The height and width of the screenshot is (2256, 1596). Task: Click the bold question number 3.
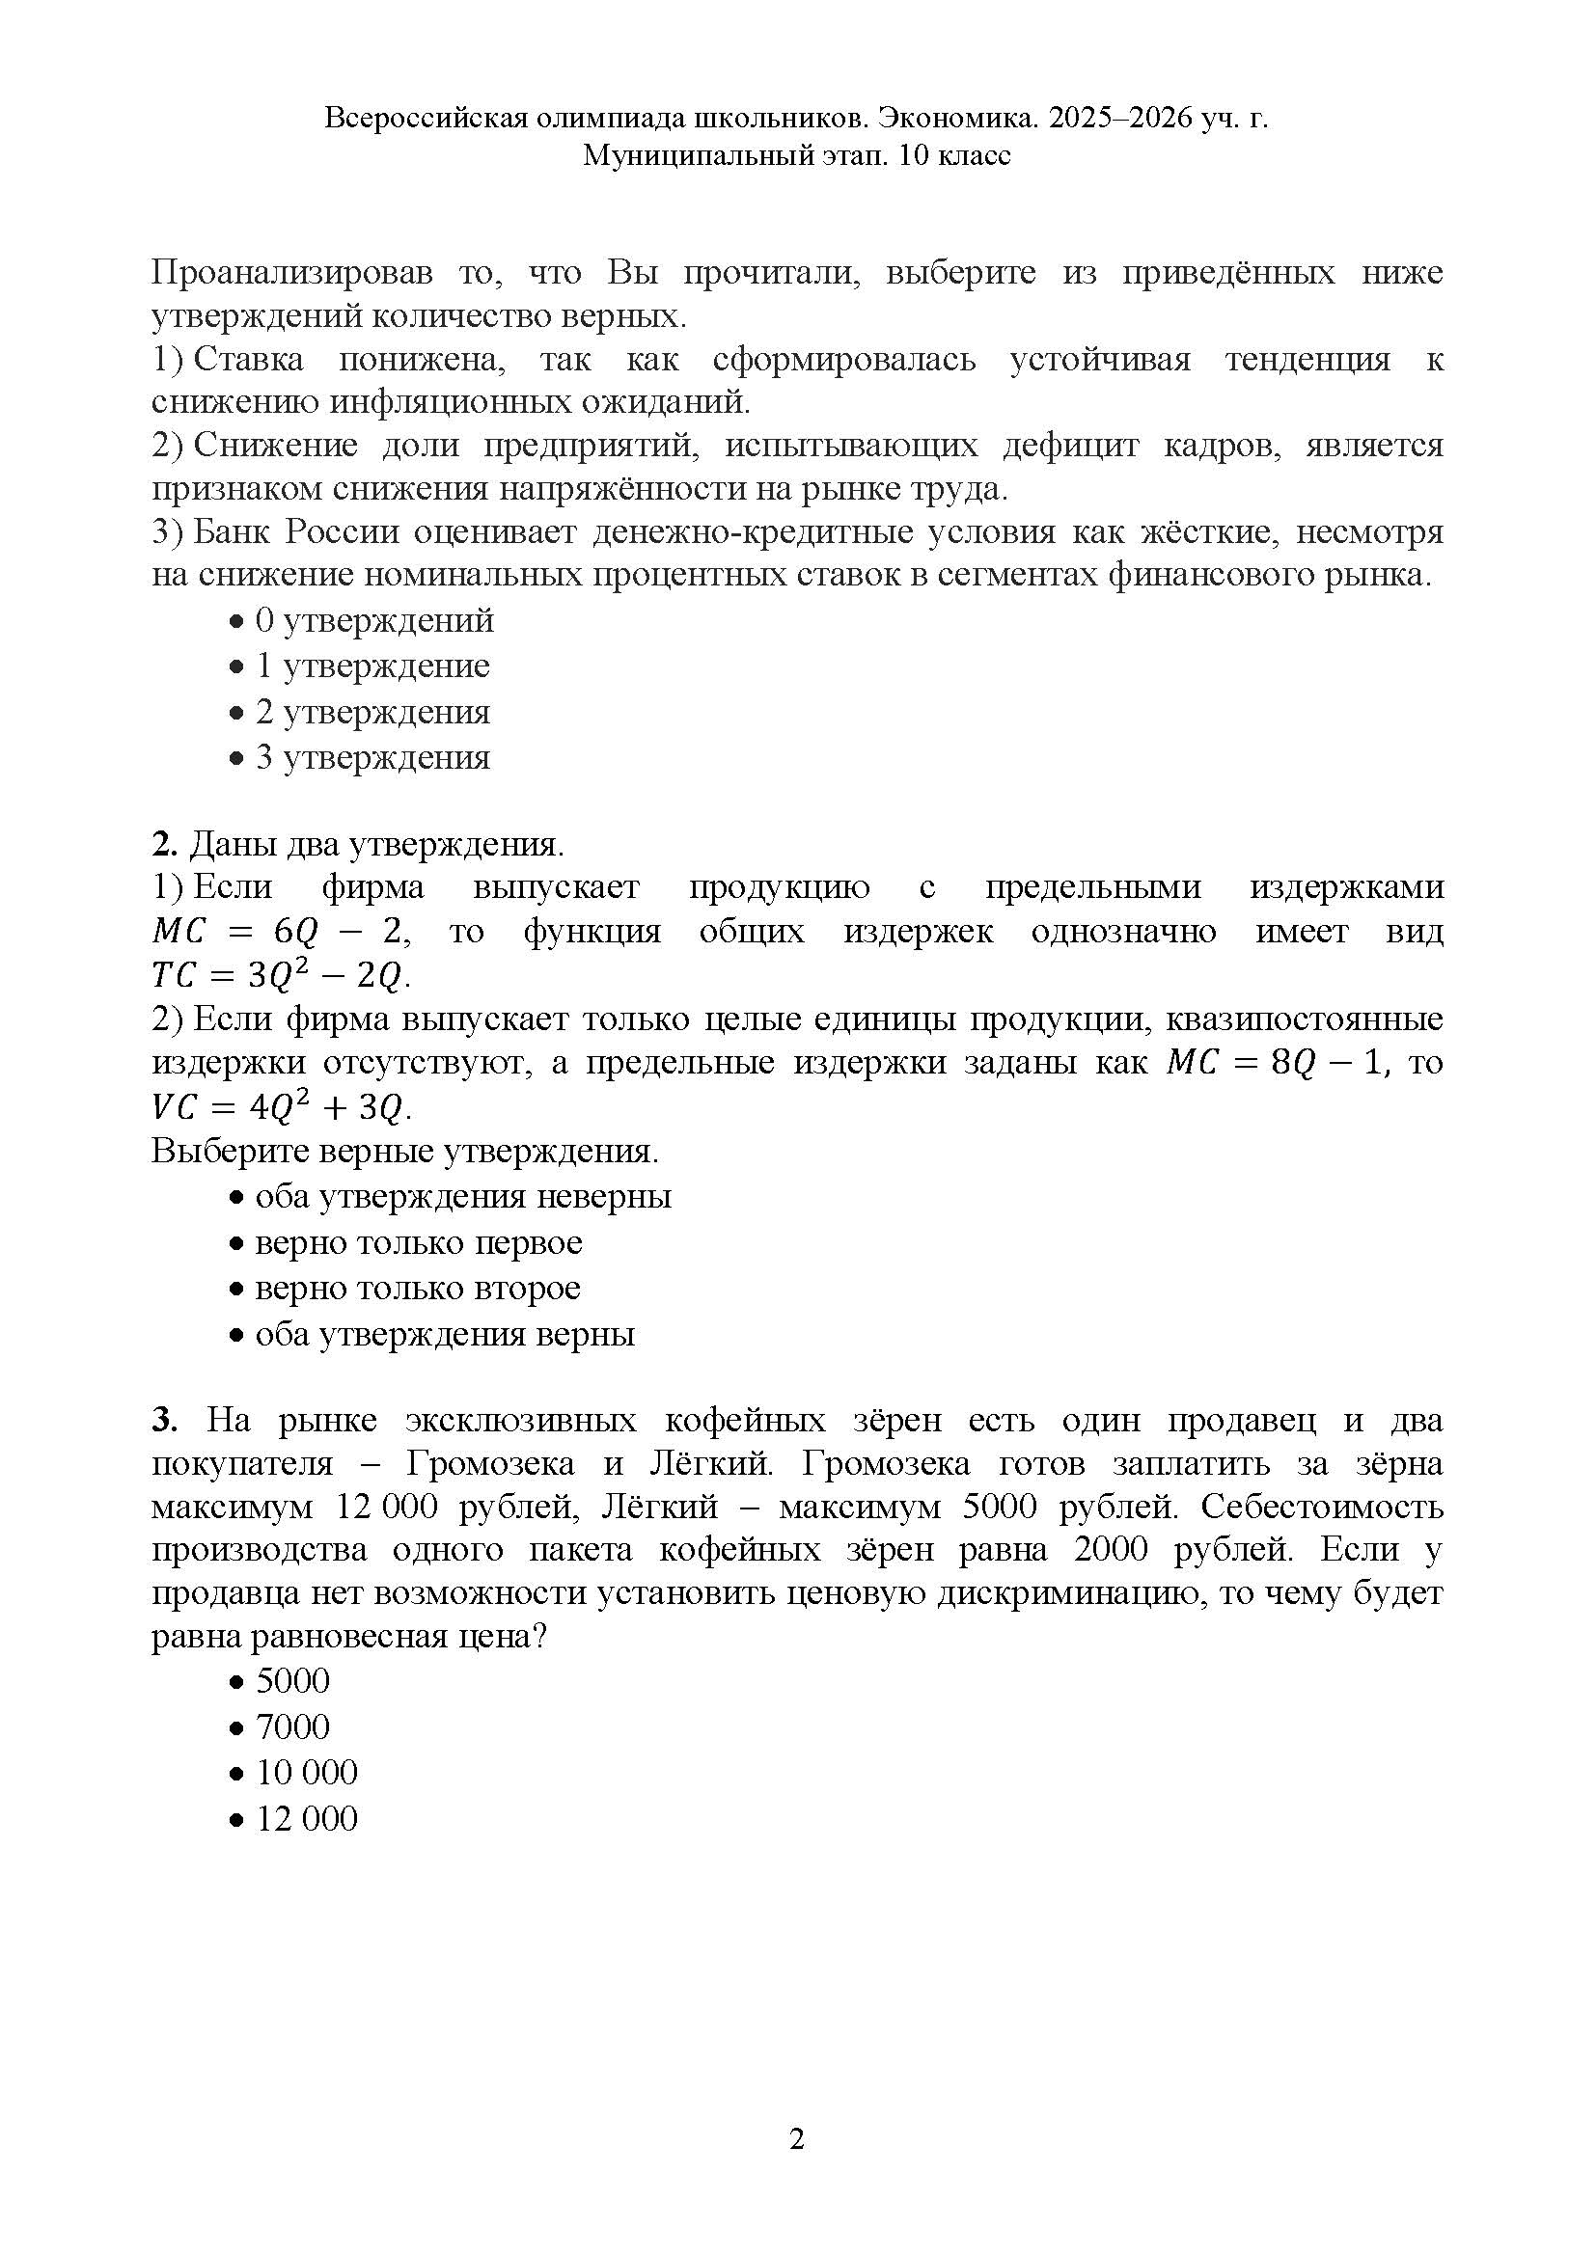(163, 1421)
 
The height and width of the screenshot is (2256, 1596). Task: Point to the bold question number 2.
(163, 844)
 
